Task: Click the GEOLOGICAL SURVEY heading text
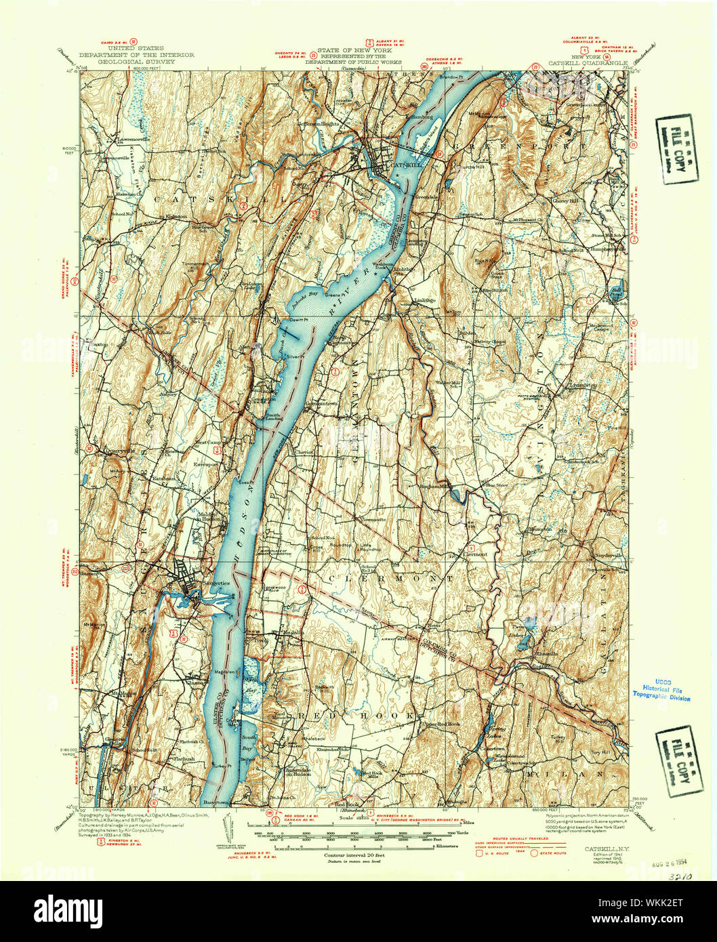click(136, 61)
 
